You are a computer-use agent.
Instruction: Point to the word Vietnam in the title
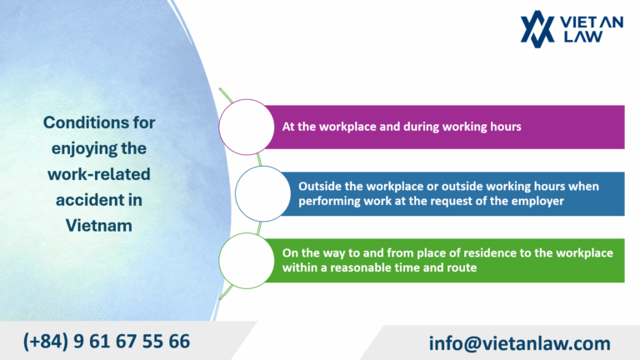(99, 225)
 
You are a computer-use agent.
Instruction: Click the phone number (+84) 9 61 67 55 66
(106, 341)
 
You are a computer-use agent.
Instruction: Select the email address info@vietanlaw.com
(519, 342)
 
